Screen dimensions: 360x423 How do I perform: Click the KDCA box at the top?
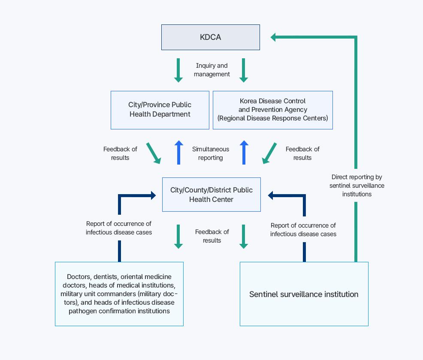click(210, 37)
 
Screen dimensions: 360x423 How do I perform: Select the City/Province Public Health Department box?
click(160, 110)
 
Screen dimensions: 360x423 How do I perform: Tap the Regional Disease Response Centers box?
click(272, 110)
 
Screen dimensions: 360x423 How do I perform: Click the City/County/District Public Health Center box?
click(211, 195)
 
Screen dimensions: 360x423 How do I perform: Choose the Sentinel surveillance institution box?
click(304, 294)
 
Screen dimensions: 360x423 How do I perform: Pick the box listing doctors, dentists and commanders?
click(119, 294)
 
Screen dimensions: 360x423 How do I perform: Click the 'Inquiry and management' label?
click(211, 70)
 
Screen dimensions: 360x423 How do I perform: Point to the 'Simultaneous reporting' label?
click(211, 153)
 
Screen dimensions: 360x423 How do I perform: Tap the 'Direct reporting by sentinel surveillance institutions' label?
click(357, 185)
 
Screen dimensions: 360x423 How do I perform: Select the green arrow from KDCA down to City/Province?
click(178, 70)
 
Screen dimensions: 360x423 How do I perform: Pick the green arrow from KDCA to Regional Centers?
click(244, 70)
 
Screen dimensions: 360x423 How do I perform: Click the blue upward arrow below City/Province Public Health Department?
click(179, 153)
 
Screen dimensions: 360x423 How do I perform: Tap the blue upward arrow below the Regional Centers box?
click(244, 153)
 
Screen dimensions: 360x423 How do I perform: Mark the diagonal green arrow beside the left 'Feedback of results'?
click(154, 153)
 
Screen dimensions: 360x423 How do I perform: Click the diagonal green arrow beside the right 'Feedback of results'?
click(269, 153)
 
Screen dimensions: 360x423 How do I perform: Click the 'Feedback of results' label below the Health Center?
click(212, 236)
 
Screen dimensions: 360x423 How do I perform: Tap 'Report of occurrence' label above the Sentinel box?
click(303, 230)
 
